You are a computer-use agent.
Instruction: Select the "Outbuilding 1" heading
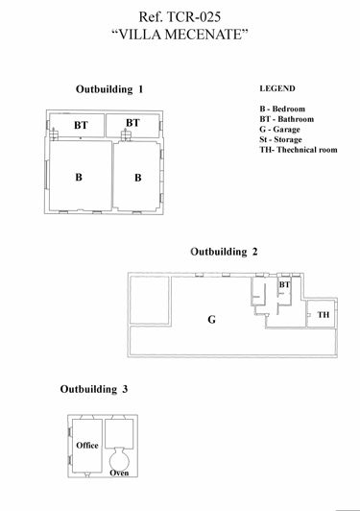pyautogui.click(x=109, y=88)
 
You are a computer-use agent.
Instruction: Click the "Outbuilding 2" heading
pyautogui.click(x=225, y=252)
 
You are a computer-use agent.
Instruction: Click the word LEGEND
pyautogui.click(x=277, y=87)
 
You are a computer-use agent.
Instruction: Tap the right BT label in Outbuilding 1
pyautogui.click(x=132, y=123)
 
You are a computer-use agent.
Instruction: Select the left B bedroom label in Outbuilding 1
pyautogui.click(x=80, y=178)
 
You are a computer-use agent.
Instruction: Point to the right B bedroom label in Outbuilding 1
pyautogui.click(x=137, y=178)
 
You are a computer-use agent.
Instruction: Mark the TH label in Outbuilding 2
pyautogui.click(x=323, y=315)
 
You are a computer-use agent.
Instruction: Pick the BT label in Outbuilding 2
pyautogui.click(x=284, y=285)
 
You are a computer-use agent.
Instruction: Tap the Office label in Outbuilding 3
pyautogui.click(x=87, y=446)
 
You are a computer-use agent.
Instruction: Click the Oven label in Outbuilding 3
pyautogui.click(x=120, y=472)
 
